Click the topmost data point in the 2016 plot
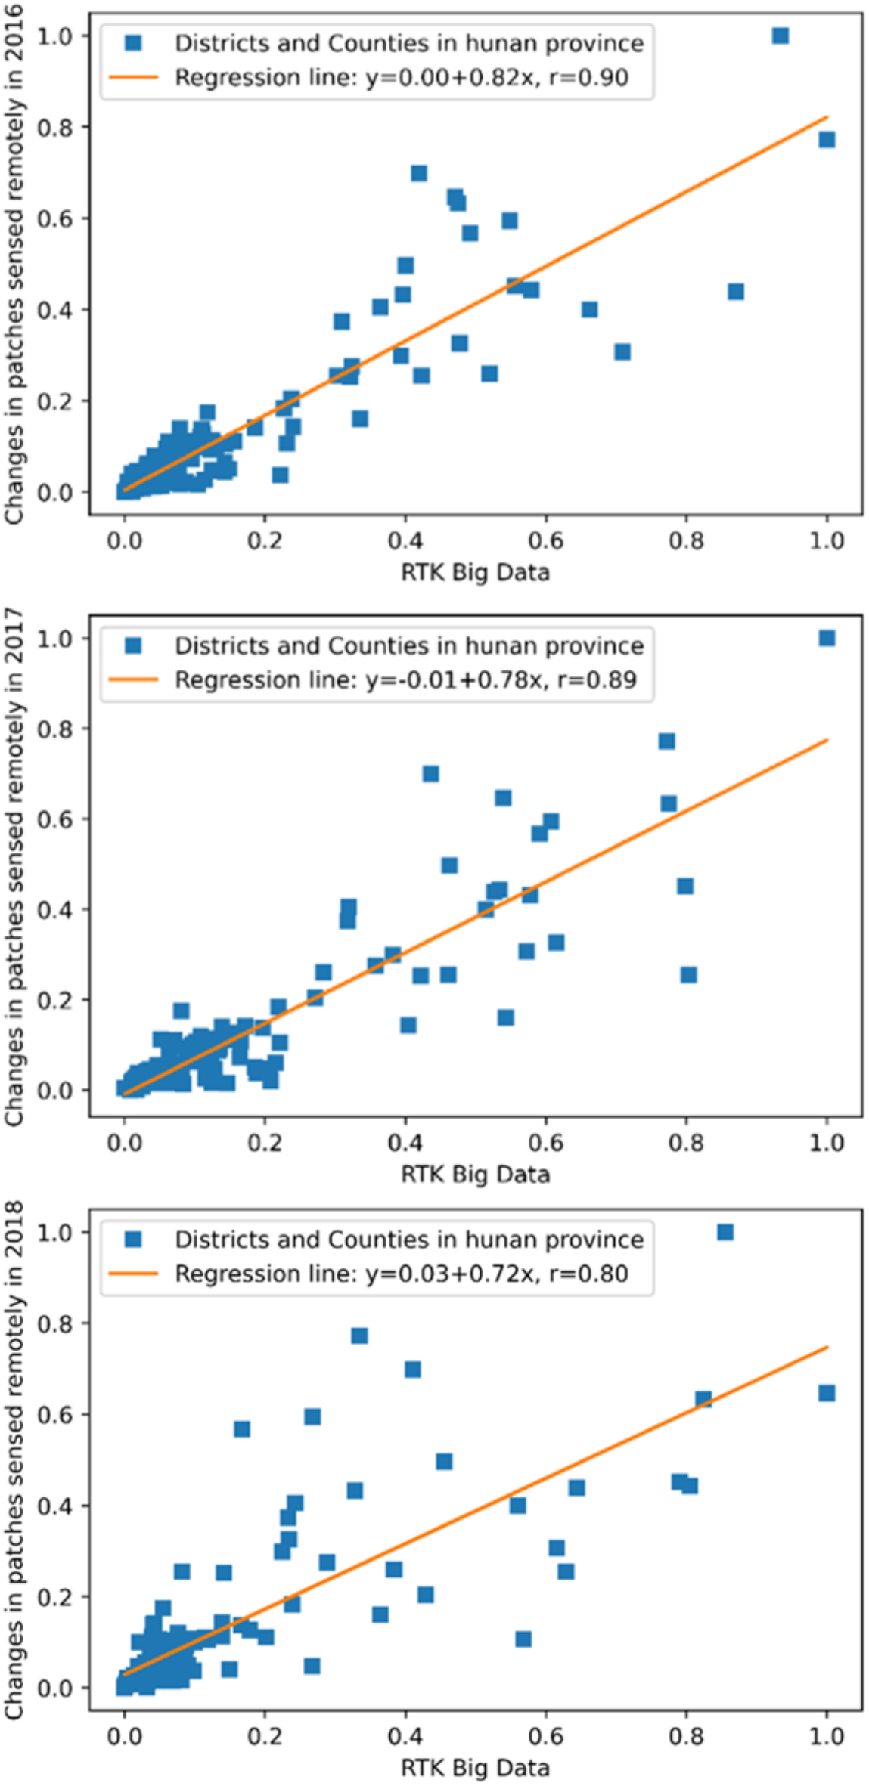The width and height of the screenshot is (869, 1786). [x=780, y=36]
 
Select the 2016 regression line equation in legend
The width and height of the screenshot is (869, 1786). [x=401, y=77]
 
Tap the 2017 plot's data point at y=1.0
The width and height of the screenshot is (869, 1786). [x=827, y=638]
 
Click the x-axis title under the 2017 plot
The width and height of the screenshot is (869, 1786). [x=475, y=1174]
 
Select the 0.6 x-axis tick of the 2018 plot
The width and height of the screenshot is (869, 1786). [x=545, y=1735]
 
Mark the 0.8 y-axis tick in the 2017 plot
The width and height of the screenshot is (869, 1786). [x=55, y=729]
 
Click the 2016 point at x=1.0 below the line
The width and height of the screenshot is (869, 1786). [x=827, y=139]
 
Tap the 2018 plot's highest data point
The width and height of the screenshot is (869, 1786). [x=725, y=1233]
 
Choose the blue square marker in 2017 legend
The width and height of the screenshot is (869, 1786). [x=133, y=645]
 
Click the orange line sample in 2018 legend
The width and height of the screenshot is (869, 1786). [x=133, y=1274]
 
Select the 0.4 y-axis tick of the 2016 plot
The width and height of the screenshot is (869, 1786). [x=55, y=309]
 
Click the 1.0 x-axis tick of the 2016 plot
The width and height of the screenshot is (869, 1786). [x=827, y=540]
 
